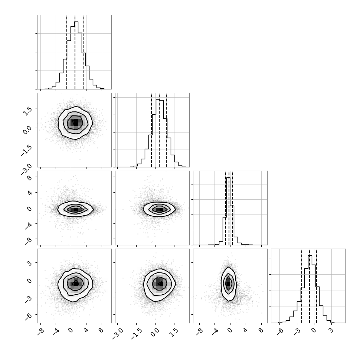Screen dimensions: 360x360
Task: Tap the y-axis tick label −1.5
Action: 26,151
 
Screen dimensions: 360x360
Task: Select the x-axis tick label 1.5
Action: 174,333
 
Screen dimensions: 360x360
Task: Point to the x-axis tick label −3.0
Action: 117,334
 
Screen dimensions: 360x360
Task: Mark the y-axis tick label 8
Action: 29,177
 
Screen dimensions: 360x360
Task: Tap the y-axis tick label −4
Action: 28,226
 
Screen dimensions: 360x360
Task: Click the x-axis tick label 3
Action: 331,331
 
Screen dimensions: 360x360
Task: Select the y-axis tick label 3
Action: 29,263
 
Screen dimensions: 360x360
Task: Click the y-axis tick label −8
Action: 28,241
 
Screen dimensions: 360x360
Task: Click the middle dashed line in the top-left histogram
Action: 75,52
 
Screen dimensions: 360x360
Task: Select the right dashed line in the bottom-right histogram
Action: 316,286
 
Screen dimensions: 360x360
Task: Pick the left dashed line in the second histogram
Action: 151,130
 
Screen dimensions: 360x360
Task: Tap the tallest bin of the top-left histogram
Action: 76,55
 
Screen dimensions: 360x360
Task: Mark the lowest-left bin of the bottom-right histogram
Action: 280,323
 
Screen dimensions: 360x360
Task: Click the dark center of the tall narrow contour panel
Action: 228,284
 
